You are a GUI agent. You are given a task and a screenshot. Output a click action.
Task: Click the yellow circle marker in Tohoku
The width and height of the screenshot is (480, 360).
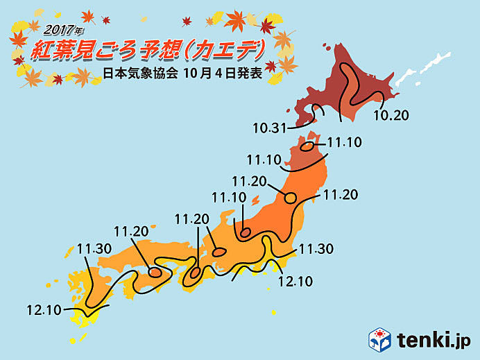coord(291,197)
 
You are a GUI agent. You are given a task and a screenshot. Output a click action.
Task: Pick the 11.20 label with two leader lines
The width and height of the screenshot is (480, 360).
coord(192,219)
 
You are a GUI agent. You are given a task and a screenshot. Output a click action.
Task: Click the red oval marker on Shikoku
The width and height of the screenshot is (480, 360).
coord(155,273)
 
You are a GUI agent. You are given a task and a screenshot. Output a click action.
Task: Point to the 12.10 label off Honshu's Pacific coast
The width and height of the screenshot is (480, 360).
coord(295,281)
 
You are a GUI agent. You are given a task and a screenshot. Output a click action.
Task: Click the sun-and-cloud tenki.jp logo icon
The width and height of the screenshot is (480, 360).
coord(379,339)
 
